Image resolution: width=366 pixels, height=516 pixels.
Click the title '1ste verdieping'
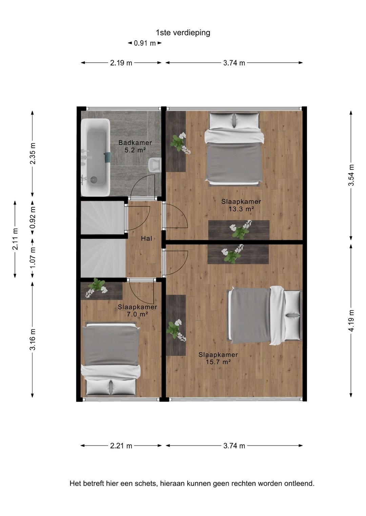[x=183, y=33]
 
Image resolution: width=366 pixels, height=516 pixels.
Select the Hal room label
[x=146, y=239]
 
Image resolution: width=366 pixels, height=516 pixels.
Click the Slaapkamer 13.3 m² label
[x=241, y=205]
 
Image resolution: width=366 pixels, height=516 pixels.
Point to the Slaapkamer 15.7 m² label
[x=218, y=358]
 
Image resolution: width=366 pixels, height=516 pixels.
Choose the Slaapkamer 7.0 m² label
[x=137, y=311]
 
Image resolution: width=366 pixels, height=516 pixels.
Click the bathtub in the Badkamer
[x=95, y=157]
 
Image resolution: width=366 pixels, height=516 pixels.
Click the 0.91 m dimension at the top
[x=145, y=43]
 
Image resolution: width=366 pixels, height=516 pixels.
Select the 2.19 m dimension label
[x=121, y=63]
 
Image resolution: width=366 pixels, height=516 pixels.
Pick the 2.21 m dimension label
[x=121, y=446]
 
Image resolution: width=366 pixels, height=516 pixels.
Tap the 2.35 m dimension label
[x=33, y=153]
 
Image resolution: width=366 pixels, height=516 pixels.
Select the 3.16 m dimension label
[x=33, y=339]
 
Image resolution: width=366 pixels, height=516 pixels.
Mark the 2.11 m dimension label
[x=15, y=239]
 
